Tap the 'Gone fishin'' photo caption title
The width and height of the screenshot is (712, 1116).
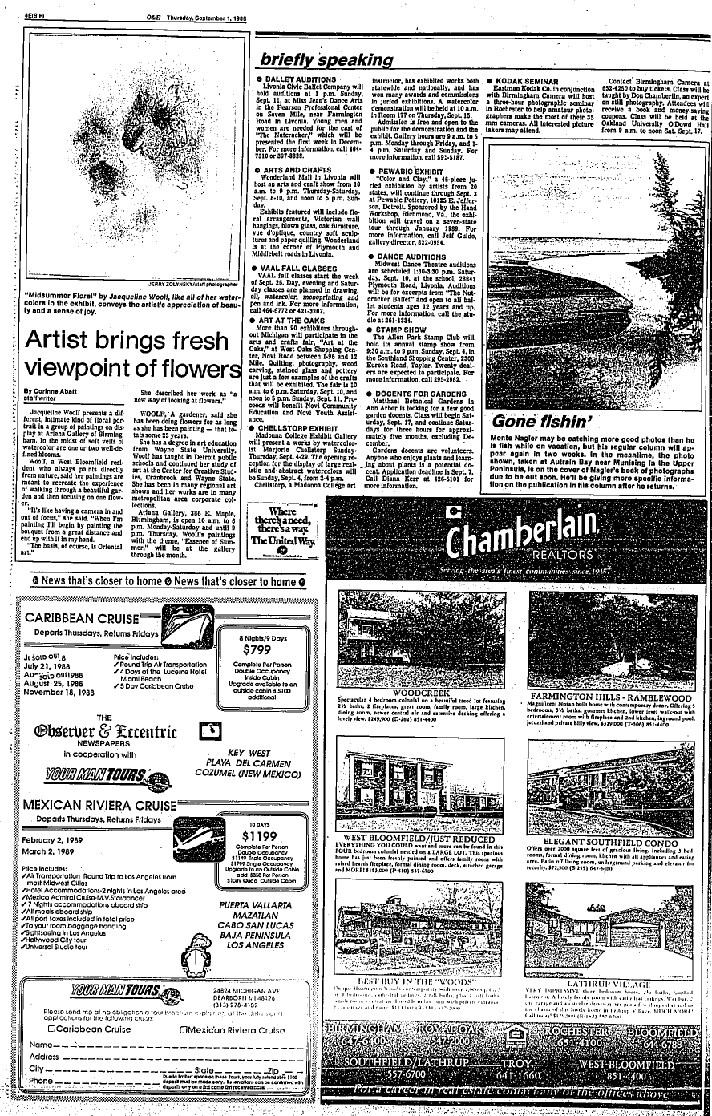coord(536,421)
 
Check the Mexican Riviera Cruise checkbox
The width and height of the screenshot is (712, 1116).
coord(185,1029)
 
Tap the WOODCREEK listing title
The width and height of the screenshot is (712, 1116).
coord(421,691)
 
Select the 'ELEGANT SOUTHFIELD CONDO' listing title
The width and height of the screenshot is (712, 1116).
coord(611,842)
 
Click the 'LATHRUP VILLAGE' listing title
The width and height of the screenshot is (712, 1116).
coord(609,981)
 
